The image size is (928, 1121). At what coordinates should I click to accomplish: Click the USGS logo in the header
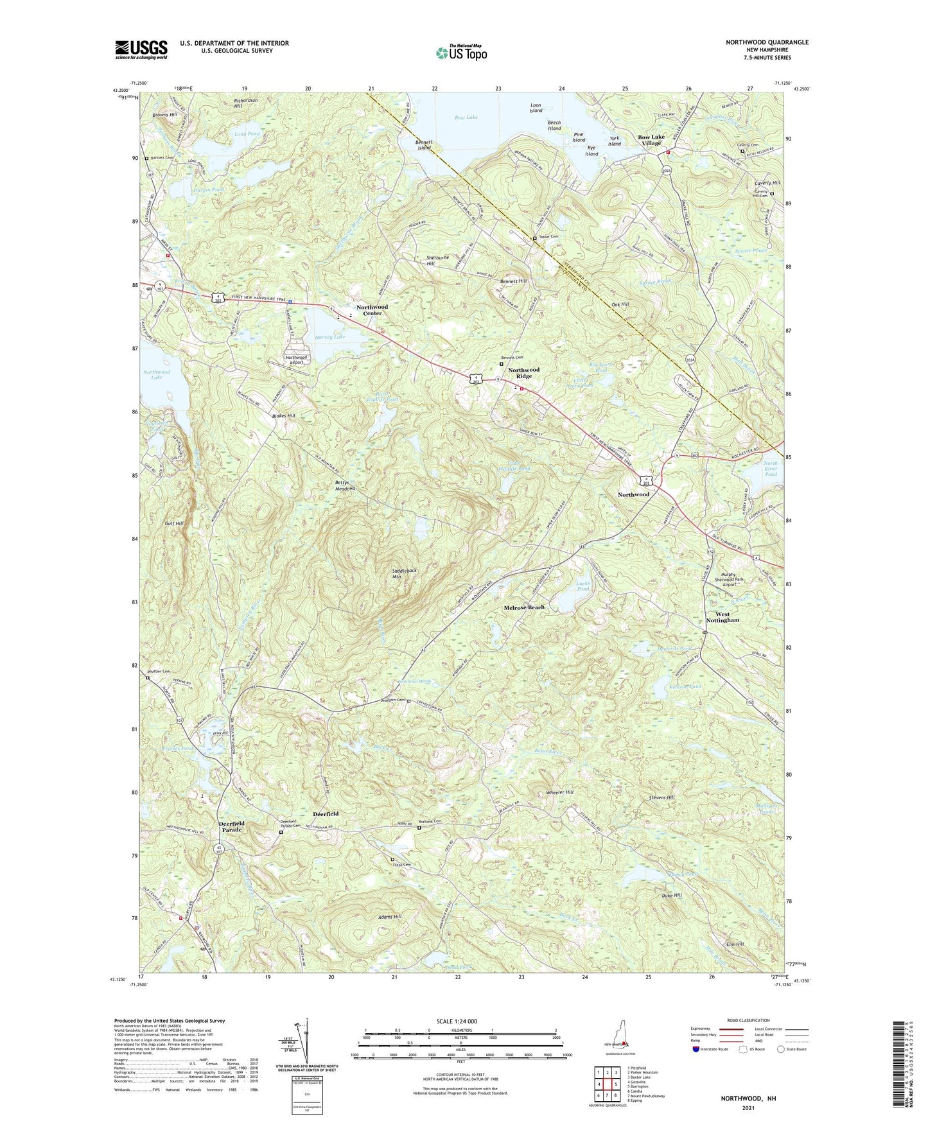[x=141, y=49]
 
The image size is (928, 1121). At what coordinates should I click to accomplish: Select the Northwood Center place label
[x=372, y=310]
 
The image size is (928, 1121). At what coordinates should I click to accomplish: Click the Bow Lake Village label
[x=651, y=140]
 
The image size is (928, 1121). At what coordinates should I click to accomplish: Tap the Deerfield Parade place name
[x=232, y=826]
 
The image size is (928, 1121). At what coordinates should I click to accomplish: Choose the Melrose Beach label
[x=524, y=607]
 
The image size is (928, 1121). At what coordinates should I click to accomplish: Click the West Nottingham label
[x=722, y=617]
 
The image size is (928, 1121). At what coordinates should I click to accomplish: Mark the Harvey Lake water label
[x=330, y=336]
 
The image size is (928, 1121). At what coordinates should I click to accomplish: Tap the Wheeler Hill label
[x=560, y=792]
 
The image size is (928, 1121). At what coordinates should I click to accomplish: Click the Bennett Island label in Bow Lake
[x=424, y=144]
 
